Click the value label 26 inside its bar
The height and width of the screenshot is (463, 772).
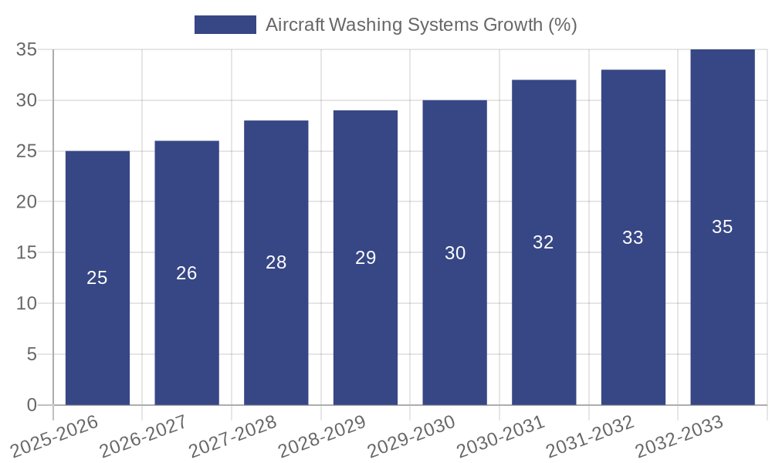click(x=187, y=273)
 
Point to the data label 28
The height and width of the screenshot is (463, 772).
click(x=276, y=262)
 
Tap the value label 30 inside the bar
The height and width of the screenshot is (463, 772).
click(x=455, y=253)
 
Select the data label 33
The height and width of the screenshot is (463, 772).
click(x=633, y=238)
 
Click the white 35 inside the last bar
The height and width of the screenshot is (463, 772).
click(x=723, y=227)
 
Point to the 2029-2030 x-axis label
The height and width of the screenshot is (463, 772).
click(x=411, y=435)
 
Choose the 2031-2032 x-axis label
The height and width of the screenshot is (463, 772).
click(x=591, y=435)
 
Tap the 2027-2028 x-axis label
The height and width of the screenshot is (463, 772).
click(x=232, y=435)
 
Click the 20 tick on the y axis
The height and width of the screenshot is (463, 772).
click(x=26, y=202)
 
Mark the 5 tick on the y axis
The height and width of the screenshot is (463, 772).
click(x=32, y=354)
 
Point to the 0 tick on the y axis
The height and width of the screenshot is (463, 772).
click(x=32, y=405)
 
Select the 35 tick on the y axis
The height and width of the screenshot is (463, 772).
click(x=26, y=50)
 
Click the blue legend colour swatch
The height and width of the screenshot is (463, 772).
click(x=225, y=25)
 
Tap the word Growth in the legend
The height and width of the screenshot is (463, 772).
click(x=513, y=25)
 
